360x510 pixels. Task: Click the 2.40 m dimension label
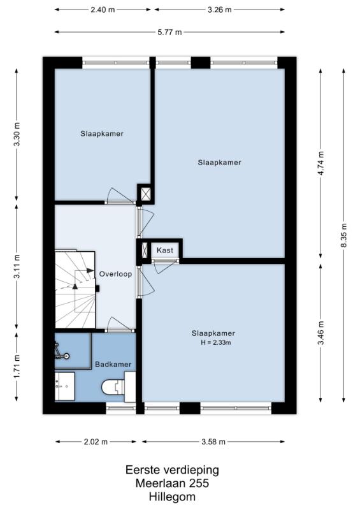point(103,10)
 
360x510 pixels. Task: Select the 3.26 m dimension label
point(220,10)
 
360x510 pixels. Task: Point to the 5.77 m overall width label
point(169,32)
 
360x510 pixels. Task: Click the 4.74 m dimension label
point(320,163)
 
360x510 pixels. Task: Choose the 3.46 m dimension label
point(320,333)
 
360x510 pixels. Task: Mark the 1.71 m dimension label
point(17,367)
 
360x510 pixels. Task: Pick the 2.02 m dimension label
point(96,442)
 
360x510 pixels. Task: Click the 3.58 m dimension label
point(213,442)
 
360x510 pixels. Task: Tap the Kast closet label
point(165,250)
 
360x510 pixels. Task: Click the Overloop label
point(115,274)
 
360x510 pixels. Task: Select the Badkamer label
point(113,364)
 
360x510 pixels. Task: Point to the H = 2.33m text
point(216,342)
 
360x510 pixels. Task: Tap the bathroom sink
point(64,386)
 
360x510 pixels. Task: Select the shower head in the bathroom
point(62,355)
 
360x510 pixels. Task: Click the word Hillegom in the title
point(173,497)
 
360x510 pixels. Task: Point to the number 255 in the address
point(199,483)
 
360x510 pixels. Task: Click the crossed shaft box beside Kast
point(145,250)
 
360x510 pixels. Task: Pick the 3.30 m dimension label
point(17,135)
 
